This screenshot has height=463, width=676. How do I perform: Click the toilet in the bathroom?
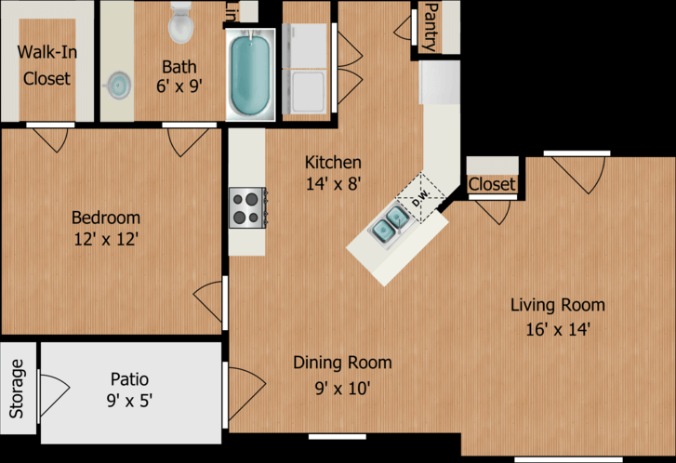pos(180,22)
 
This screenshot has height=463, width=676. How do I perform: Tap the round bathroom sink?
pos(119,85)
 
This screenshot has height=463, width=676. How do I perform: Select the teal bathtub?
pos(250,75)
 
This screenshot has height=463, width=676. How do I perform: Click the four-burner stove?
pos(247,207)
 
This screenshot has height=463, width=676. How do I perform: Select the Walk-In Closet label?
pos(47,65)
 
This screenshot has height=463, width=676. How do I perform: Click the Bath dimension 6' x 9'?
pos(179,86)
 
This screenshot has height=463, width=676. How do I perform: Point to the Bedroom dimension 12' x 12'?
pos(106,239)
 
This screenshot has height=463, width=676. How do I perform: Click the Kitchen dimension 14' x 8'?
pos(333,184)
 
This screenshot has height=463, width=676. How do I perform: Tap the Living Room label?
pos(557,305)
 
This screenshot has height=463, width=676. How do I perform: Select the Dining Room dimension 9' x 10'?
pos(343,389)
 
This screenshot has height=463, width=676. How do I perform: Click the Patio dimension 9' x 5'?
pos(129,401)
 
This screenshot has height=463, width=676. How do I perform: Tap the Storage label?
pos(17,389)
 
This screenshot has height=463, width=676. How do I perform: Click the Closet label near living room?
pos(492,184)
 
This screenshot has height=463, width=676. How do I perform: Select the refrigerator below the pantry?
pos(439,82)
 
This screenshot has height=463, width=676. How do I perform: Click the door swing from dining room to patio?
pos(246,393)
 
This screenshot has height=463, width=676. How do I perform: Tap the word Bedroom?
pos(106,218)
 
